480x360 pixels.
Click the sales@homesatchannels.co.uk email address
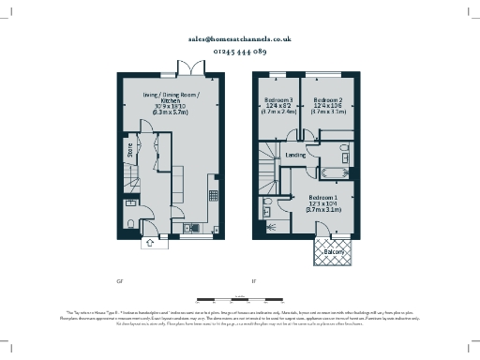coord(240,39)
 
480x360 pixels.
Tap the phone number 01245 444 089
coord(240,52)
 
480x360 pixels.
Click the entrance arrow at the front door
coord(147,244)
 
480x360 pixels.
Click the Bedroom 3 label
coord(277,100)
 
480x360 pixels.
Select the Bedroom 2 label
coord(327,100)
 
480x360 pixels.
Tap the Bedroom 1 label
coord(324,199)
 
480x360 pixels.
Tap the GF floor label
coord(119,280)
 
